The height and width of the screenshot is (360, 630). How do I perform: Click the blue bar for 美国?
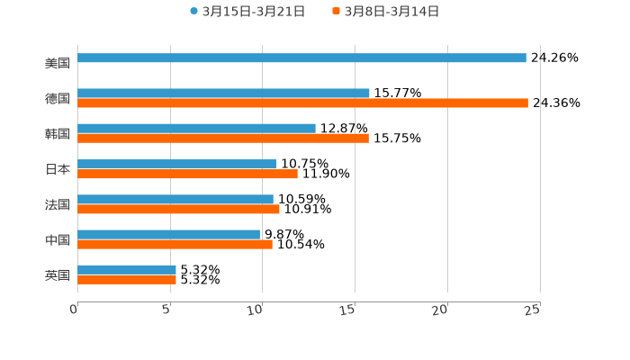pyautogui.click(x=301, y=58)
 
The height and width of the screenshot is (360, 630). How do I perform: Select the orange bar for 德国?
pyautogui.click(x=302, y=103)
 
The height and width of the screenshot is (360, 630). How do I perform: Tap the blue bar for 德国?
pyautogui.click(x=223, y=93)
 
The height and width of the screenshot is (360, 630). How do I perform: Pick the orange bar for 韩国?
pyautogui.click(x=223, y=138)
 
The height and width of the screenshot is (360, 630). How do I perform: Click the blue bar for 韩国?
pyautogui.click(x=196, y=128)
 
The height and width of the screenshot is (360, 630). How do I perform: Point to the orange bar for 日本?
pyautogui.click(x=187, y=174)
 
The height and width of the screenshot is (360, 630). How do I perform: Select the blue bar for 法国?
pyautogui.click(x=175, y=199)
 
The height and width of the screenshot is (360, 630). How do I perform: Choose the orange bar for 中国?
pyautogui.click(x=175, y=244)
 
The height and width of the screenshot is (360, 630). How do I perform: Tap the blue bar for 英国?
pyautogui.click(x=127, y=269)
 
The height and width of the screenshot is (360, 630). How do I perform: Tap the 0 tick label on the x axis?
pyautogui.click(x=75, y=310)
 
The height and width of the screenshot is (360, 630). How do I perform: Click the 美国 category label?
pyautogui.click(x=58, y=64)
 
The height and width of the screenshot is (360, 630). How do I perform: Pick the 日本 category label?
pyautogui.click(x=58, y=169)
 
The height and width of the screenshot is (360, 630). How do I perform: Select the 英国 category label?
pyautogui.click(x=58, y=274)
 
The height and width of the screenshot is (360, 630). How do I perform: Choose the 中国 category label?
pyautogui.click(x=58, y=239)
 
